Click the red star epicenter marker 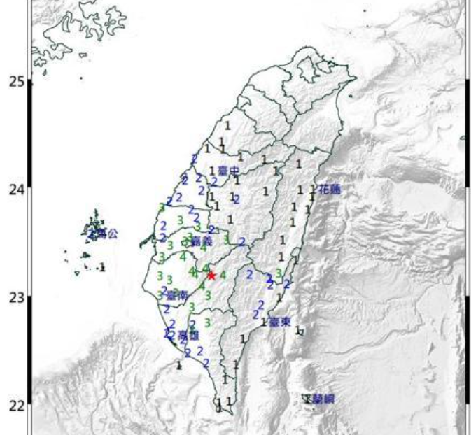[x=211, y=275]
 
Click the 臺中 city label [x=228, y=171]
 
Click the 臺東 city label [x=280, y=322]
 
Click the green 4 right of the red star [x=223, y=275]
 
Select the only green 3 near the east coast [x=279, y=273]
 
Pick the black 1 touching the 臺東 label [x=264, y=322]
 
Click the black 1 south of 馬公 [x=103, y=267]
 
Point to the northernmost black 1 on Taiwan [x=227, y=125]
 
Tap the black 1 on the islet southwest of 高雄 [x=179, y=365]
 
